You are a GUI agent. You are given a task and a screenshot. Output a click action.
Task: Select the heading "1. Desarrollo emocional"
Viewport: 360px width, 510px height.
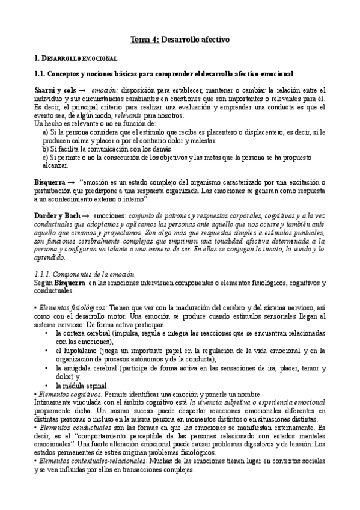(x=76, y=58)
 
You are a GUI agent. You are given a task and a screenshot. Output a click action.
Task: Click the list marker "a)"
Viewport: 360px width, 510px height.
(x=46, y=131)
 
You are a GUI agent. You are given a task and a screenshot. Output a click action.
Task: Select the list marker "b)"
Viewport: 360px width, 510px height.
(x=46, y=148)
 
